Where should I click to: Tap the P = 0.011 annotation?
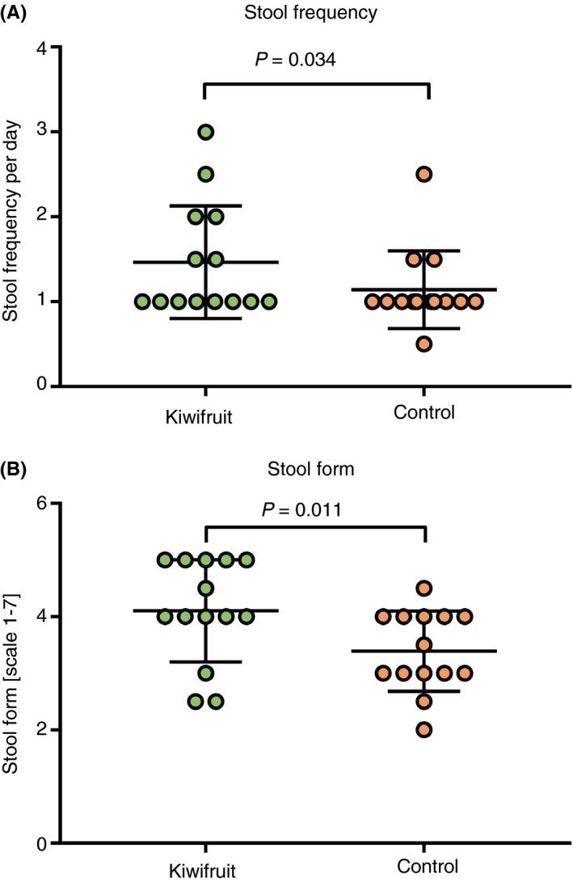pos(316,511)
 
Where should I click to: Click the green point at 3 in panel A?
pos(205,132)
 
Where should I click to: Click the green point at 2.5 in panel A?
pos(205,174)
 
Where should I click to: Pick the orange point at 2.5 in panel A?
pos(424,174)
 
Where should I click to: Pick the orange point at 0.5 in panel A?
pos(424,344)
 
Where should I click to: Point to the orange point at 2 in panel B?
pos(424,730)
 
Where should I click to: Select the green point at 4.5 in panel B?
pos(205,588)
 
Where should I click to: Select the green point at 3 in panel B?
pos(205,673)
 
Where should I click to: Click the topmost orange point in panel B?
pos(424,588)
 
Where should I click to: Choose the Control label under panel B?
pos(424,865)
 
